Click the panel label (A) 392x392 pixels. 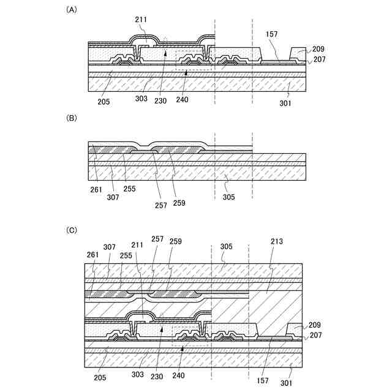(x=72, y=10)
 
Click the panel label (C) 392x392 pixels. (x=72, y=230)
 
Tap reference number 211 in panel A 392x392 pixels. (x=141, y=20)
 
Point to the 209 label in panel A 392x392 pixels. (x=318, y=49)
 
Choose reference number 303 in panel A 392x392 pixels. (x=141, y=98)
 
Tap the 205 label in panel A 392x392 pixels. (x=103, y=102)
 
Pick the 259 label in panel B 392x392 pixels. (x=179, y=203)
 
